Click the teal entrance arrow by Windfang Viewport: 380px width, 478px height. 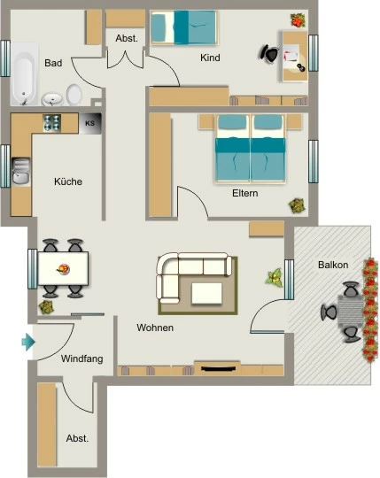tap(28, 342)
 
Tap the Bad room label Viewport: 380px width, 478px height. tap(53, 63)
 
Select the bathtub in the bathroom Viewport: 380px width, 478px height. tap(25, 73)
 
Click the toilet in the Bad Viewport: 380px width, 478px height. tap(74, 95)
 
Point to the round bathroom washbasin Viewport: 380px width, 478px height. tap(52, 99)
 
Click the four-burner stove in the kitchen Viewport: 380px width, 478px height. tap(52, 123)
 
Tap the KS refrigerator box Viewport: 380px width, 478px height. tap(90, 123)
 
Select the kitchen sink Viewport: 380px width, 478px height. tap(20, 171)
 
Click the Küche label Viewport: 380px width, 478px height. tap(68, 181)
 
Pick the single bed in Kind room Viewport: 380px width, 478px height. tap(184, 27)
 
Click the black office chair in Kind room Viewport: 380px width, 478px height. tap(269, 54)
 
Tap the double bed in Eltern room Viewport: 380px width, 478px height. tap(250, 149)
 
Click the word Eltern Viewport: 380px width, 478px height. tap(244, 193)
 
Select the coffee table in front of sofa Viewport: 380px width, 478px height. tap(206, 293)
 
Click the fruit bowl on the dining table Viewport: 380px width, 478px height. tap(64, 269)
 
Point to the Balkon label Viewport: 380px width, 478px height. tap(333, 265)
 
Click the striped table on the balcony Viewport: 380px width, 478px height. tap(350, 312)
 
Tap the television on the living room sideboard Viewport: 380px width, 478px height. tap(219, 369)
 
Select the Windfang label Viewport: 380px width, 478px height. tap(81, 358)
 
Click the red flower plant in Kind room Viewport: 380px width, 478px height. tap(298, 20)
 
